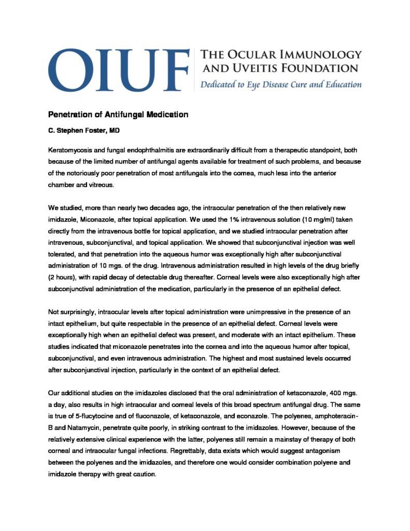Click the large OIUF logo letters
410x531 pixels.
pos(118,71)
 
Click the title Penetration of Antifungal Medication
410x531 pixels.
pos(118,114)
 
